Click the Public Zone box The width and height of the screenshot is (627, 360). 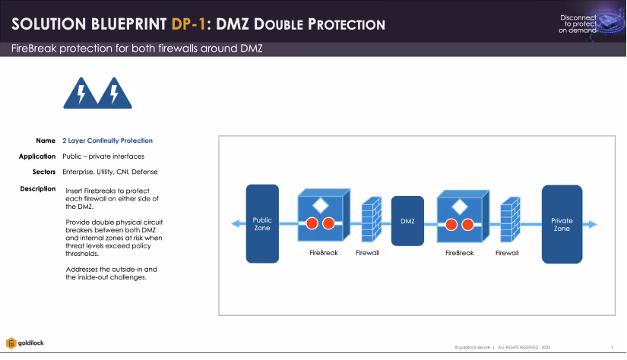point(262,223)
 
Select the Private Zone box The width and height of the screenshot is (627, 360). point(562,223)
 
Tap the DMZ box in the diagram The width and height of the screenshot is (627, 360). point(407,221)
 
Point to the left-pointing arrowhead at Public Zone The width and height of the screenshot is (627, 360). point(235,224)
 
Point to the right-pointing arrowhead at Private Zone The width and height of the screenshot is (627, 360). point(593,224)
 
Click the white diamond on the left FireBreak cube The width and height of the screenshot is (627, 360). point(321,205)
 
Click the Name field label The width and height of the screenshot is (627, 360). point(46,141)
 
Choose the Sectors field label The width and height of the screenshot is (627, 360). point(43,172)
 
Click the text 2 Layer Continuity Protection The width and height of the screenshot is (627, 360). point(107,141)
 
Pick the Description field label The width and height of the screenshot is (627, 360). point(37,188)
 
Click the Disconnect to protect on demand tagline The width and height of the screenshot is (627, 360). point(578,24)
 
